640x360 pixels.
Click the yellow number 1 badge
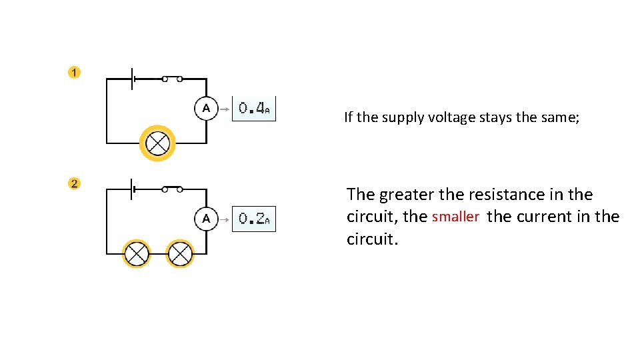pos(74,73)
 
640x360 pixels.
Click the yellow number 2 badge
pos(74,183)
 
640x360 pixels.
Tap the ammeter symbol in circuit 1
pos(206,108)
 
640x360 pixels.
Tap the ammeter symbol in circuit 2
pos(206,219)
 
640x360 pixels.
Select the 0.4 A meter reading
pos(253,108)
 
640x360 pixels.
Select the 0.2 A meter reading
pos(253,219)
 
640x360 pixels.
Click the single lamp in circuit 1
pos(158,143)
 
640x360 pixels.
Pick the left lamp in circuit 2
pos(137,253)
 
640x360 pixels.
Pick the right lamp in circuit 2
pos(179,253)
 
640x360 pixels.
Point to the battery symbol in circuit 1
pos(133,79)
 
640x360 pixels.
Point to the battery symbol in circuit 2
pos(133,190)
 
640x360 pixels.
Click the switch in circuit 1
pos(172,79)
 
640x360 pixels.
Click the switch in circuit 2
pos(172,189)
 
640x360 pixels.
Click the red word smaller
pos(455,217)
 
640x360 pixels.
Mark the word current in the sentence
pos(537,217)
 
